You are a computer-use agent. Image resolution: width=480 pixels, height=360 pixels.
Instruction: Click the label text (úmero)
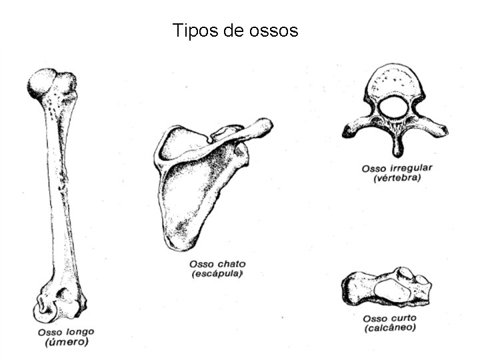(66, 343)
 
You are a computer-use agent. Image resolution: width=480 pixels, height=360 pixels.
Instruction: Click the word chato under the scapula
(227, 264)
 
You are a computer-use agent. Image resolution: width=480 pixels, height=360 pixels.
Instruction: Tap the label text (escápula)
(217, 274)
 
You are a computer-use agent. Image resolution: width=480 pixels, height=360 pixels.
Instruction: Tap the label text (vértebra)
(397, 178)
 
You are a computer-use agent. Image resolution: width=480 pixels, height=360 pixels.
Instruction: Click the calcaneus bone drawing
(387, 288)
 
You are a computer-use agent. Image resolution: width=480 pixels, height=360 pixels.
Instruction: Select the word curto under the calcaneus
(402, 319)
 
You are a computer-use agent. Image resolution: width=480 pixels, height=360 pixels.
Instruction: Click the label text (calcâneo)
(390, 328)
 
